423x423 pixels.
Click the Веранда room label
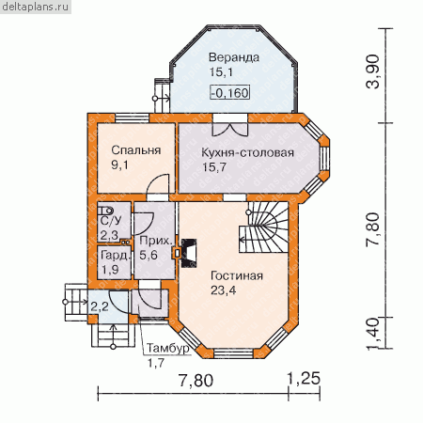tap(234, 57)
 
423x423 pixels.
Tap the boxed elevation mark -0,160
tap(230, 93)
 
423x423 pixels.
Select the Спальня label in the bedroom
tap(136, 150)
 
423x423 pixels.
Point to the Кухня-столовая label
tap(247, 153)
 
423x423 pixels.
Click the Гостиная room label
tap(237, 275)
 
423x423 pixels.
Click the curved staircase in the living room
tap(264, 227)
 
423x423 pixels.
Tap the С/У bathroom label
tap(110, 221)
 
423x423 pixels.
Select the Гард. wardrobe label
tap(115, 256)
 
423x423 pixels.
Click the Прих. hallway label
tap(156, 241)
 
